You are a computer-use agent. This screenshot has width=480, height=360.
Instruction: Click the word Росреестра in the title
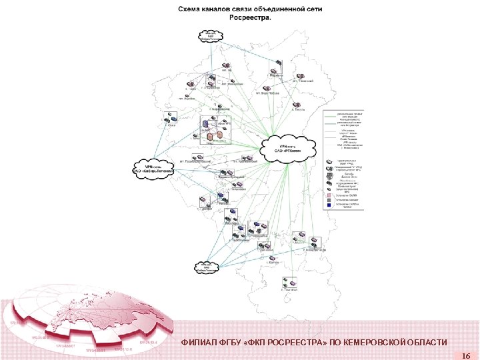tap(250, 18)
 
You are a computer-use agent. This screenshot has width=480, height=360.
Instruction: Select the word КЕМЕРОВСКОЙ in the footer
tap(376, 343)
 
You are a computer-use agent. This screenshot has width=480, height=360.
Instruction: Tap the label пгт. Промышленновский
tap(195, 162)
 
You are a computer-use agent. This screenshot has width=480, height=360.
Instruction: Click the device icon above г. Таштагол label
tap(287, 281)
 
